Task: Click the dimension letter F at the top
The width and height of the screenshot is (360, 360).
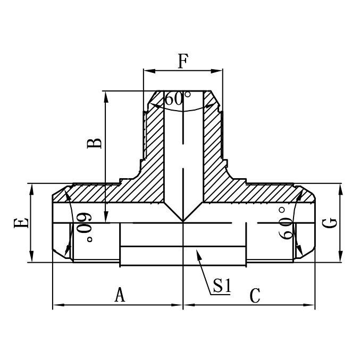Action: [182, 62]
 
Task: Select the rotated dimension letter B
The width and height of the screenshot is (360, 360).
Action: [95, 143]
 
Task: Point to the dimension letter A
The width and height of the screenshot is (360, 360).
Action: [120, 294]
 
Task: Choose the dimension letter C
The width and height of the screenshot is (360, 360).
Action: [255, 295]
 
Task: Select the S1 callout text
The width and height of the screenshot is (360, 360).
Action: [221, 287]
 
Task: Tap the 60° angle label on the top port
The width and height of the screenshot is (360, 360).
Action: [177, 99]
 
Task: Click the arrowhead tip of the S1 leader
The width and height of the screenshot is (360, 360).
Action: [197, 252]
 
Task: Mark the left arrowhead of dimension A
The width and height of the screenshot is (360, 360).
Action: [54, 306]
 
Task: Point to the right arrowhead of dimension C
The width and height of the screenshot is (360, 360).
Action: [314, 306]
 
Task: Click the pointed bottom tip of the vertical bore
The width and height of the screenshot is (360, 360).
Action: [183, 222]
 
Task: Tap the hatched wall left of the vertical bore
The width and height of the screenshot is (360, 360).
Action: [154, 160]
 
